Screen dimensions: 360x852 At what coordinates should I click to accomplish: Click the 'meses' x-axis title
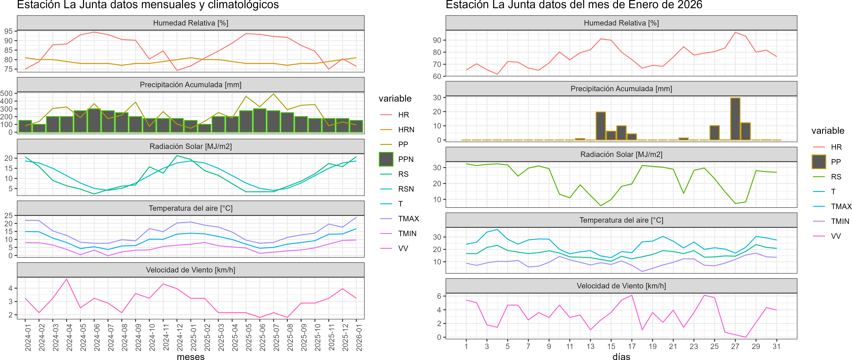click(x=190, y=356)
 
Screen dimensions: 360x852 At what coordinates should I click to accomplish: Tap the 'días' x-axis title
click(x=621, y=356)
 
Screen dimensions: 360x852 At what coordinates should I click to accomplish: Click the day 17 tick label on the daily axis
click(x=632, y=346)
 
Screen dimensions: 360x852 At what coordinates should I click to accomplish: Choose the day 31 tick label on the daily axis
click(x=776, y=346)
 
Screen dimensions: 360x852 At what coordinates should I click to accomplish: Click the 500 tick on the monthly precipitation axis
click(x=7, y=93)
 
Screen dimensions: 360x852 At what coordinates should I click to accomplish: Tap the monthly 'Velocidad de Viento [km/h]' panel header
click(x=190, y=270)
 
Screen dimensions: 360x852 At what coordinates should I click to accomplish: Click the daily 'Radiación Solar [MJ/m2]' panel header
click(x=621, y=154)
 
